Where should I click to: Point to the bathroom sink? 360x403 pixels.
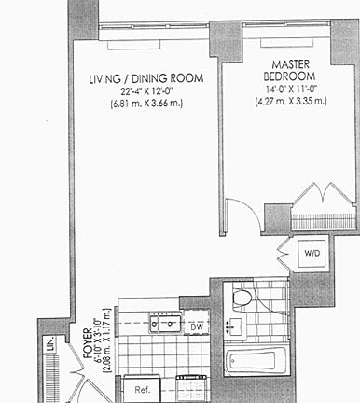(x=235, y=327)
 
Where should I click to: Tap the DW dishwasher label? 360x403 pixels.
(x=196, y=327)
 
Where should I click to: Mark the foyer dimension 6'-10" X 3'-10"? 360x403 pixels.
(x=96, y=342)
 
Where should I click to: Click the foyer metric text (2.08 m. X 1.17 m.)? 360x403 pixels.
(x=106, y=342)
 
